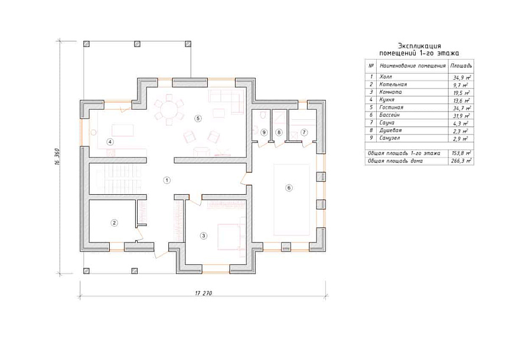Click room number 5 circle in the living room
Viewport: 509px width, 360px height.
[x=198, y=119]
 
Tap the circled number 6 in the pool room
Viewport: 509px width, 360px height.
[x=289, y=188]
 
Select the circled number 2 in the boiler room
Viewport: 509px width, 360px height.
[x=114, y=223]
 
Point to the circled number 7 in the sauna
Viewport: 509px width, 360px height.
[x=304, y=132]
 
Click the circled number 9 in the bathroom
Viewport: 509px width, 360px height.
[x=264, y=132]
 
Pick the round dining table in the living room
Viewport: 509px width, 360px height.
[x=169, y=110]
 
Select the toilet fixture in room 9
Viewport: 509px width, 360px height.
[x=263, y=116]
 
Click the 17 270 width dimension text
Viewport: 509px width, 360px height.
[x=204, y=293]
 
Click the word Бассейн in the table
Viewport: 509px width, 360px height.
[x=390, y=115]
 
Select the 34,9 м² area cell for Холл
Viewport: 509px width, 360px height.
[x=462, y=77]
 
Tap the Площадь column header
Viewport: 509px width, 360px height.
[x=461, y=66]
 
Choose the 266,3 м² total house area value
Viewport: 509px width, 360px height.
[x=462, y=161]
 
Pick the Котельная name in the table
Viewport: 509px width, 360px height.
[x=393, y=84]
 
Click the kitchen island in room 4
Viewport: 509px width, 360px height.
[x=123, y=130]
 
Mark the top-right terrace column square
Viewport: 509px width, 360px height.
[x=188, y=44]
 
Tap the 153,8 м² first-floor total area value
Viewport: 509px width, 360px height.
[x=462, y=153]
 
